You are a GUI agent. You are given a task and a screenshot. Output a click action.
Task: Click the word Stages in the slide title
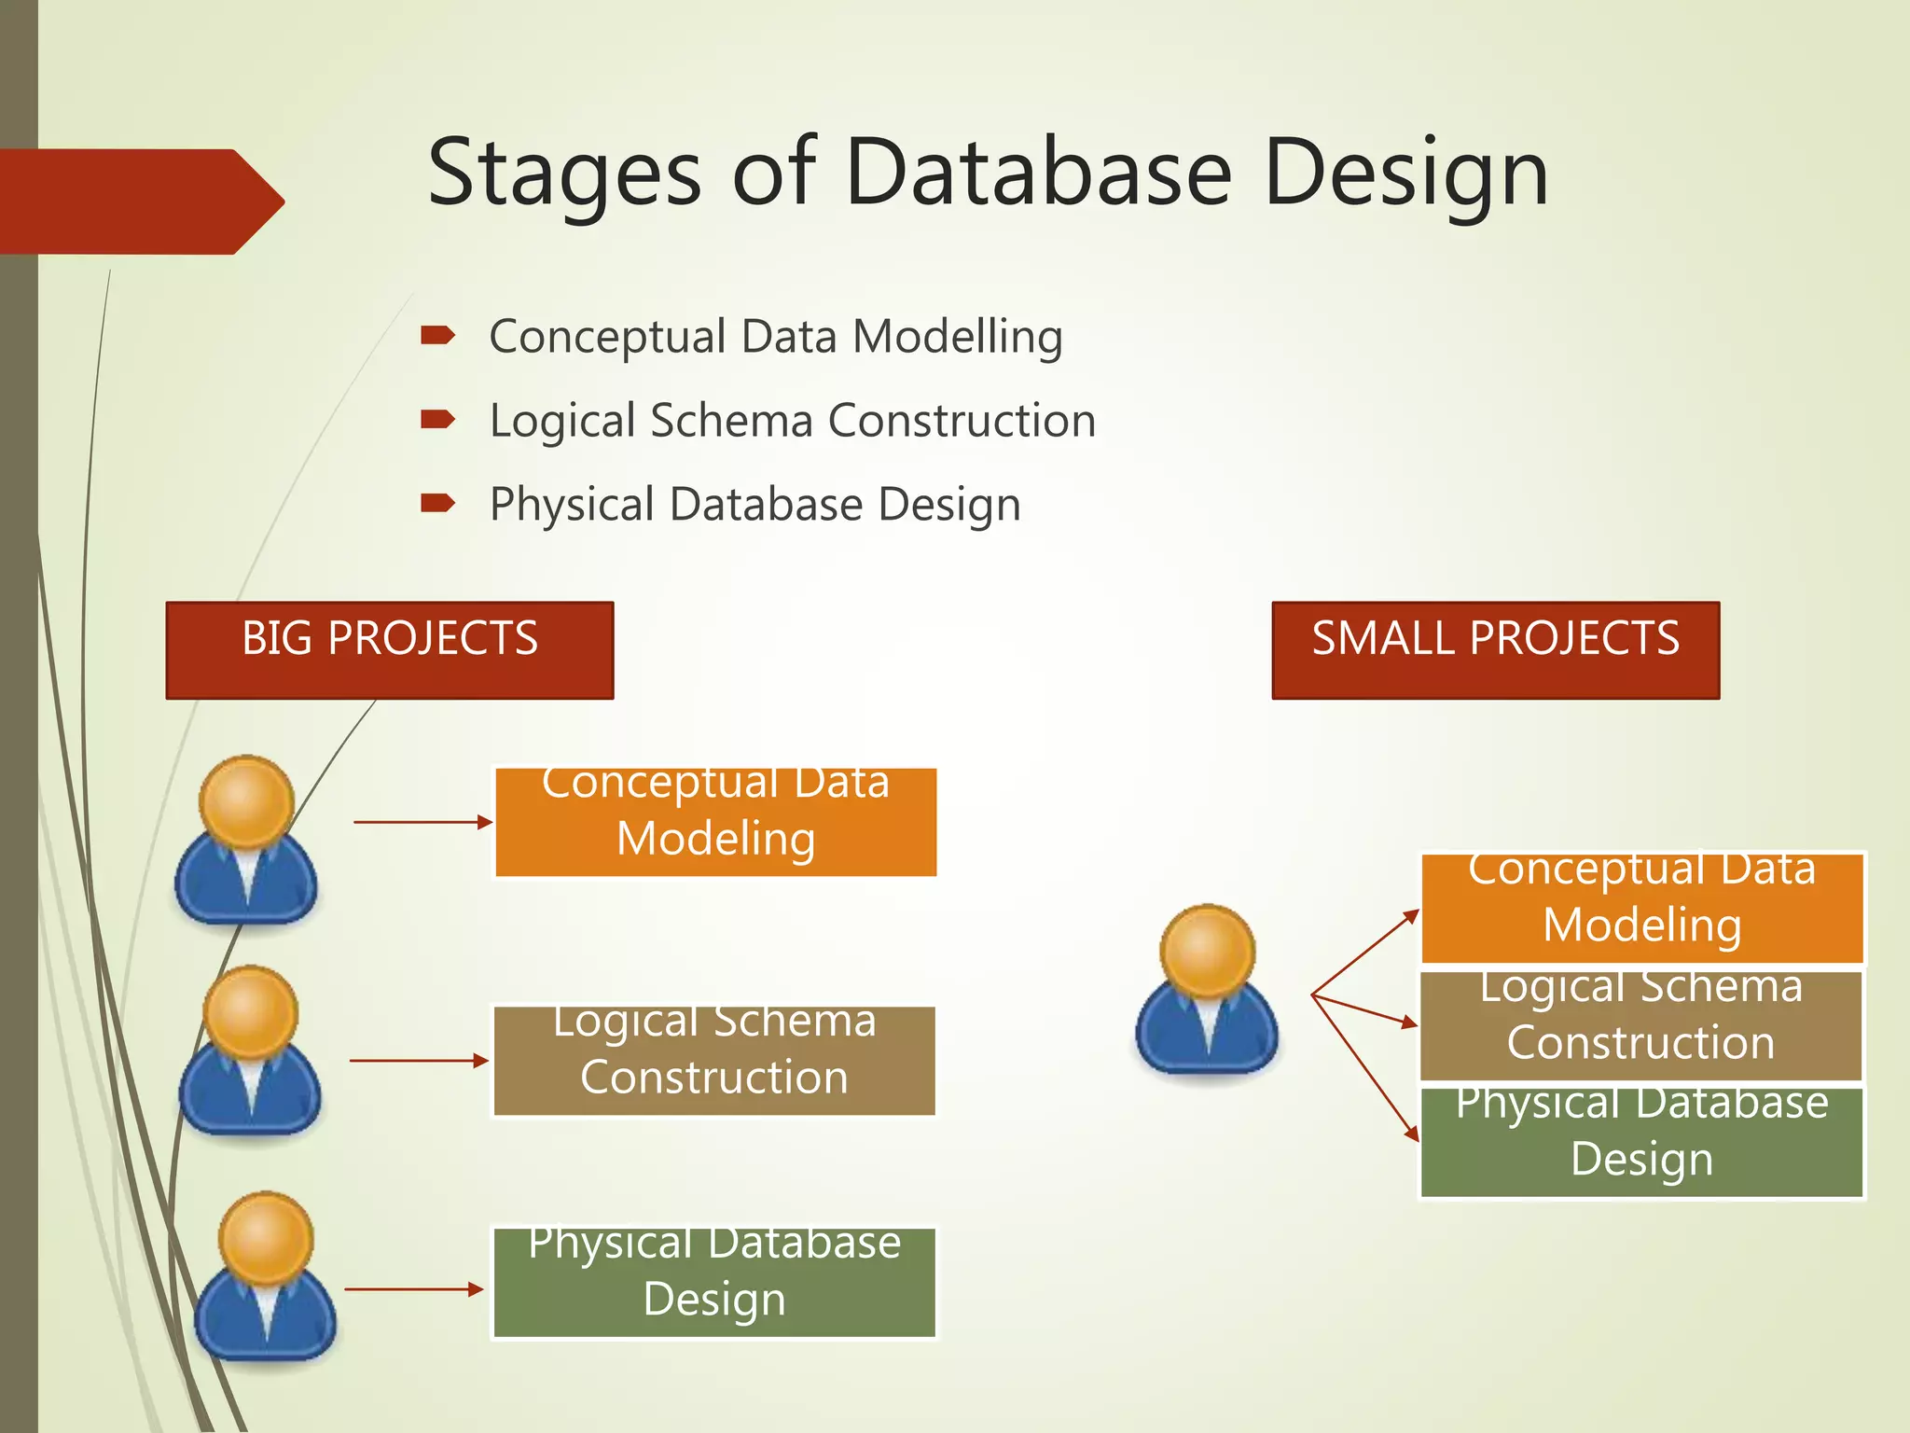(563, 174)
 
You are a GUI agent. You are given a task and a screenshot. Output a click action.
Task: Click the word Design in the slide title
(1406, 174)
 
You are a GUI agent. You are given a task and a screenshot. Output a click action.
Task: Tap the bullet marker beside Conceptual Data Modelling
(437, 336)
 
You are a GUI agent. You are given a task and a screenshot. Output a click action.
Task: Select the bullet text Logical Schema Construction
(793, 421)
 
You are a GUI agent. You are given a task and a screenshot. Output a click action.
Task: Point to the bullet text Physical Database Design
(755, 505)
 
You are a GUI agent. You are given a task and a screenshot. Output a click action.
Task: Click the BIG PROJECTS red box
(390, 649)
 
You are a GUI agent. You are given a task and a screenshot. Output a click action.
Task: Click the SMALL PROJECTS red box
(1495, 649)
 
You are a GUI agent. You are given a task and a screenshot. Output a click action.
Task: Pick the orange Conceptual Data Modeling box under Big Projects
(715, 822)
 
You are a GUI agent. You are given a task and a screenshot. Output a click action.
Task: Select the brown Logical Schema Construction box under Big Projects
(714, 1061)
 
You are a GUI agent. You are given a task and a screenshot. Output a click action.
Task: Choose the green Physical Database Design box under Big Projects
(714, 1283)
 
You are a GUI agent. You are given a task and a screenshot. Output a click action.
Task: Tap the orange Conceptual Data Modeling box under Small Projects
(1641, 908)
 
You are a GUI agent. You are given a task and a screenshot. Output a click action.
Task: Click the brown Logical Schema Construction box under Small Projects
(1640, 1025)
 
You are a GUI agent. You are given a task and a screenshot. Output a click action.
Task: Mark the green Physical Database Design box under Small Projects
(1641, 1142)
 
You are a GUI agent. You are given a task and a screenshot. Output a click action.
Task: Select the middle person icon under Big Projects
(250, 1054)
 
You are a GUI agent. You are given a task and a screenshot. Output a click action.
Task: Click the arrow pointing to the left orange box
(422, 822)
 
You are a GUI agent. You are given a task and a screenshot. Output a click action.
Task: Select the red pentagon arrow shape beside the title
(140, 202)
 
